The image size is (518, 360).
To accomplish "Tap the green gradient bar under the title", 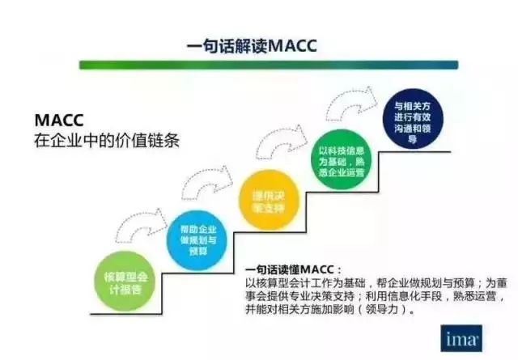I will click(268, 65).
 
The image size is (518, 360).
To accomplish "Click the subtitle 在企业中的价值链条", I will click(106, 140).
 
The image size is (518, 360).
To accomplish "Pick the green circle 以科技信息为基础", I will click(338, 161).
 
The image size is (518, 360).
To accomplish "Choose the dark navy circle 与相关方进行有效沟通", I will click(412, 121).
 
